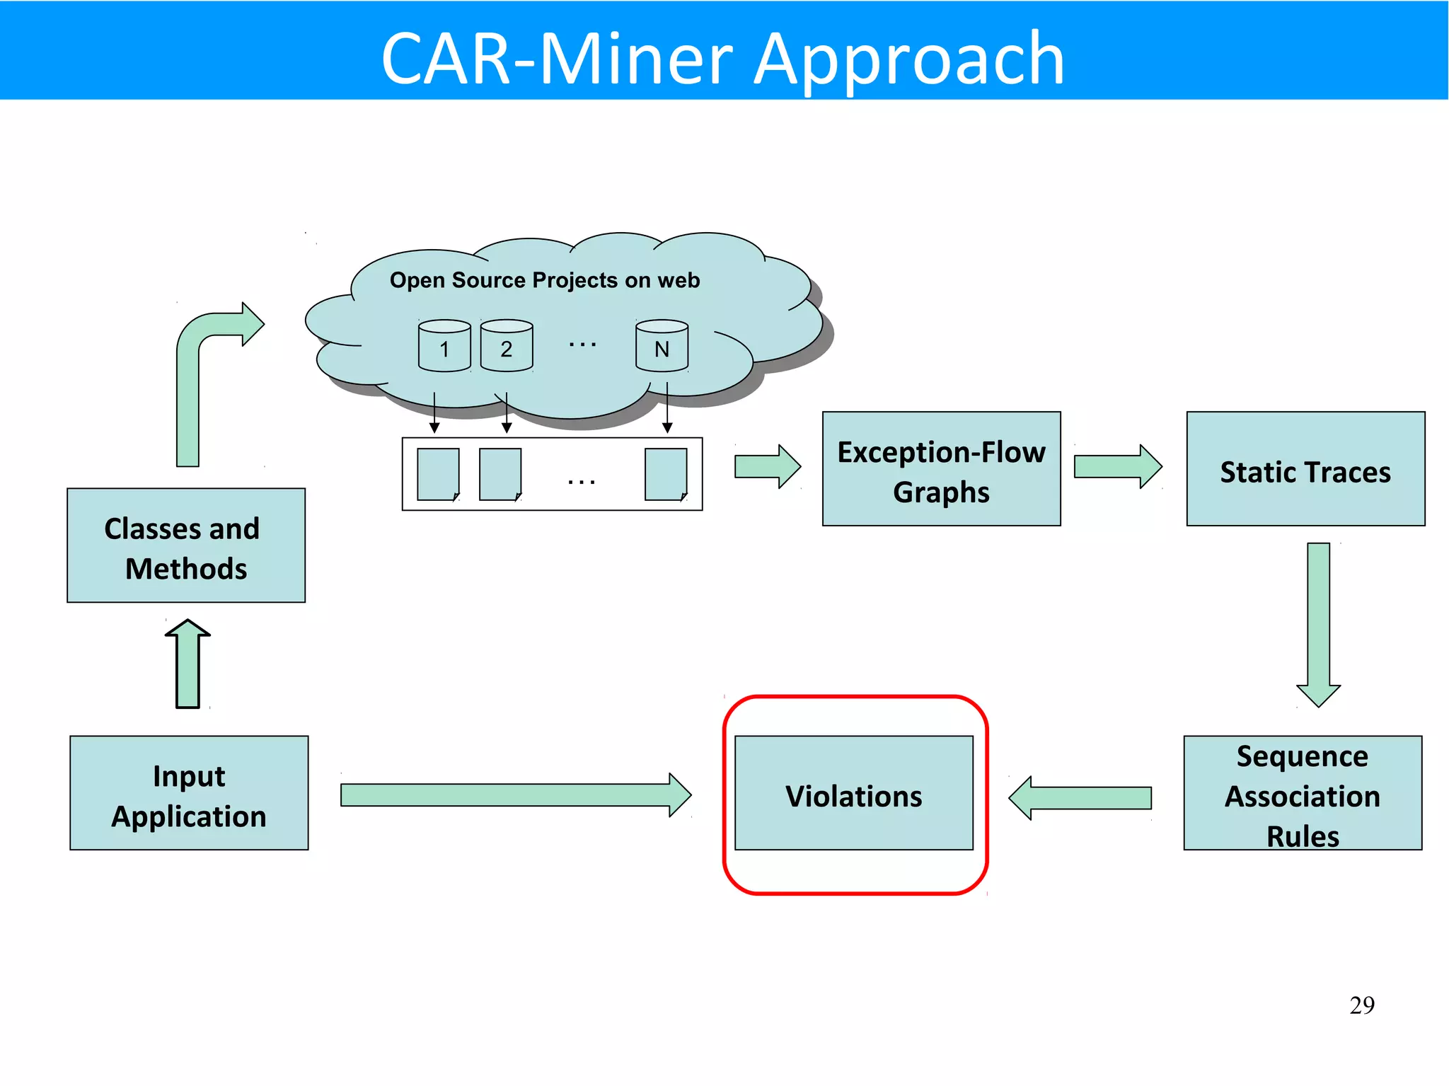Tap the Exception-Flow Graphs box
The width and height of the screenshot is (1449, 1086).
click(x=941, y=469)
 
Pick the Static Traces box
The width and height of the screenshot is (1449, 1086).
click(x=1305, y=469)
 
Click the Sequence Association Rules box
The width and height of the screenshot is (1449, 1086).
click(x=1303, y=793)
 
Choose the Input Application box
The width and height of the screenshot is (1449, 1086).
click(x=189, y=793)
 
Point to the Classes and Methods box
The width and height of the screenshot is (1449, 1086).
click(x=186, y=545)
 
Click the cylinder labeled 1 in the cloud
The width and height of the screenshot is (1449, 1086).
click(x=444, y=346)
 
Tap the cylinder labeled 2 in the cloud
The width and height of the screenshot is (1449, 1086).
click(x=507, y=346)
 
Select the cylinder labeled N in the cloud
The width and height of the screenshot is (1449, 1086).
click(x=662, y=346)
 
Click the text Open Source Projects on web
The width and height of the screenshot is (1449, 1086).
click(x=545, y=280)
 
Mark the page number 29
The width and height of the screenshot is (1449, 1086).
click(x=1361, y=1005)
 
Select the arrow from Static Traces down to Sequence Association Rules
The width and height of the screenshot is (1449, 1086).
click(x=1318, y=623)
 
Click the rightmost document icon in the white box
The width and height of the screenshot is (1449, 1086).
click(x=666, y=474)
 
